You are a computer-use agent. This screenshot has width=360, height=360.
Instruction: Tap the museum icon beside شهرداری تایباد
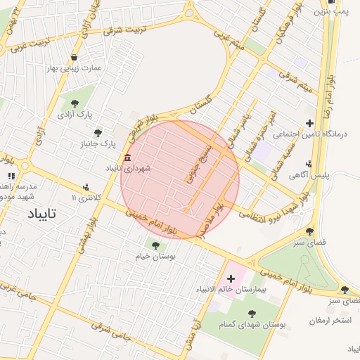pos(127,157)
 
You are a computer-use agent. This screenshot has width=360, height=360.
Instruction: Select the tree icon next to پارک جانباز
pos(98,133)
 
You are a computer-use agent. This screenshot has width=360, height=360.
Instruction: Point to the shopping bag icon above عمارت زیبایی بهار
pos(75,57)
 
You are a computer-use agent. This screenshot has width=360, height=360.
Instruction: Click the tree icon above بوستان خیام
pos(155,245)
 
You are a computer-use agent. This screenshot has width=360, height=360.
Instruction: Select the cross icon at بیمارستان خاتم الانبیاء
pos(231,278)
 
